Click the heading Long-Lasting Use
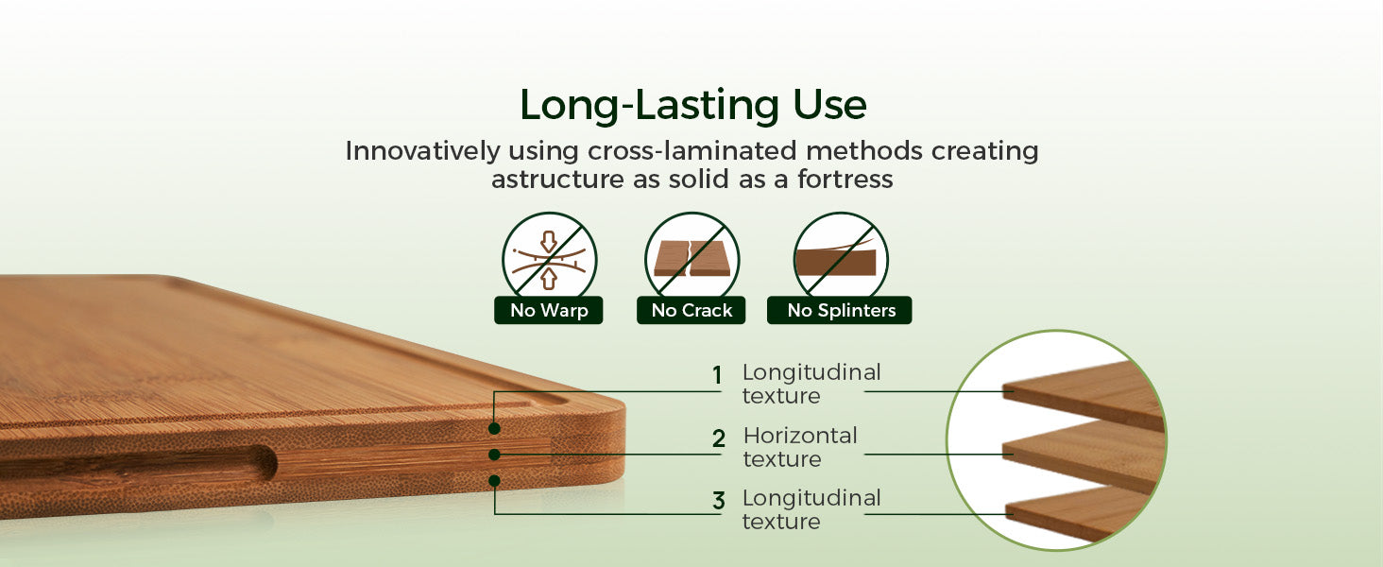693,105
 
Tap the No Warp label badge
548,310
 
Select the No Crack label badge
691,310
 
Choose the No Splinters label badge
840,310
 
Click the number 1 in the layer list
717,375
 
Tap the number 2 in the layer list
719,438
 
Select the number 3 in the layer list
719,500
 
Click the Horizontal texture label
800,447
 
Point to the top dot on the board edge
494,428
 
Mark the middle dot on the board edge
494,455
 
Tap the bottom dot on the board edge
494,480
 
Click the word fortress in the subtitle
845,180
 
